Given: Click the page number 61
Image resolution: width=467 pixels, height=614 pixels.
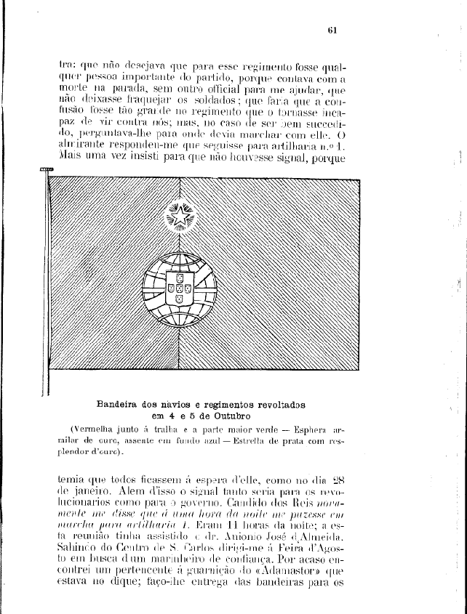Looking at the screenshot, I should coord(330,30).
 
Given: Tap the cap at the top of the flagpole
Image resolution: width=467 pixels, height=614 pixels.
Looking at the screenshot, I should coord(46,169).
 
